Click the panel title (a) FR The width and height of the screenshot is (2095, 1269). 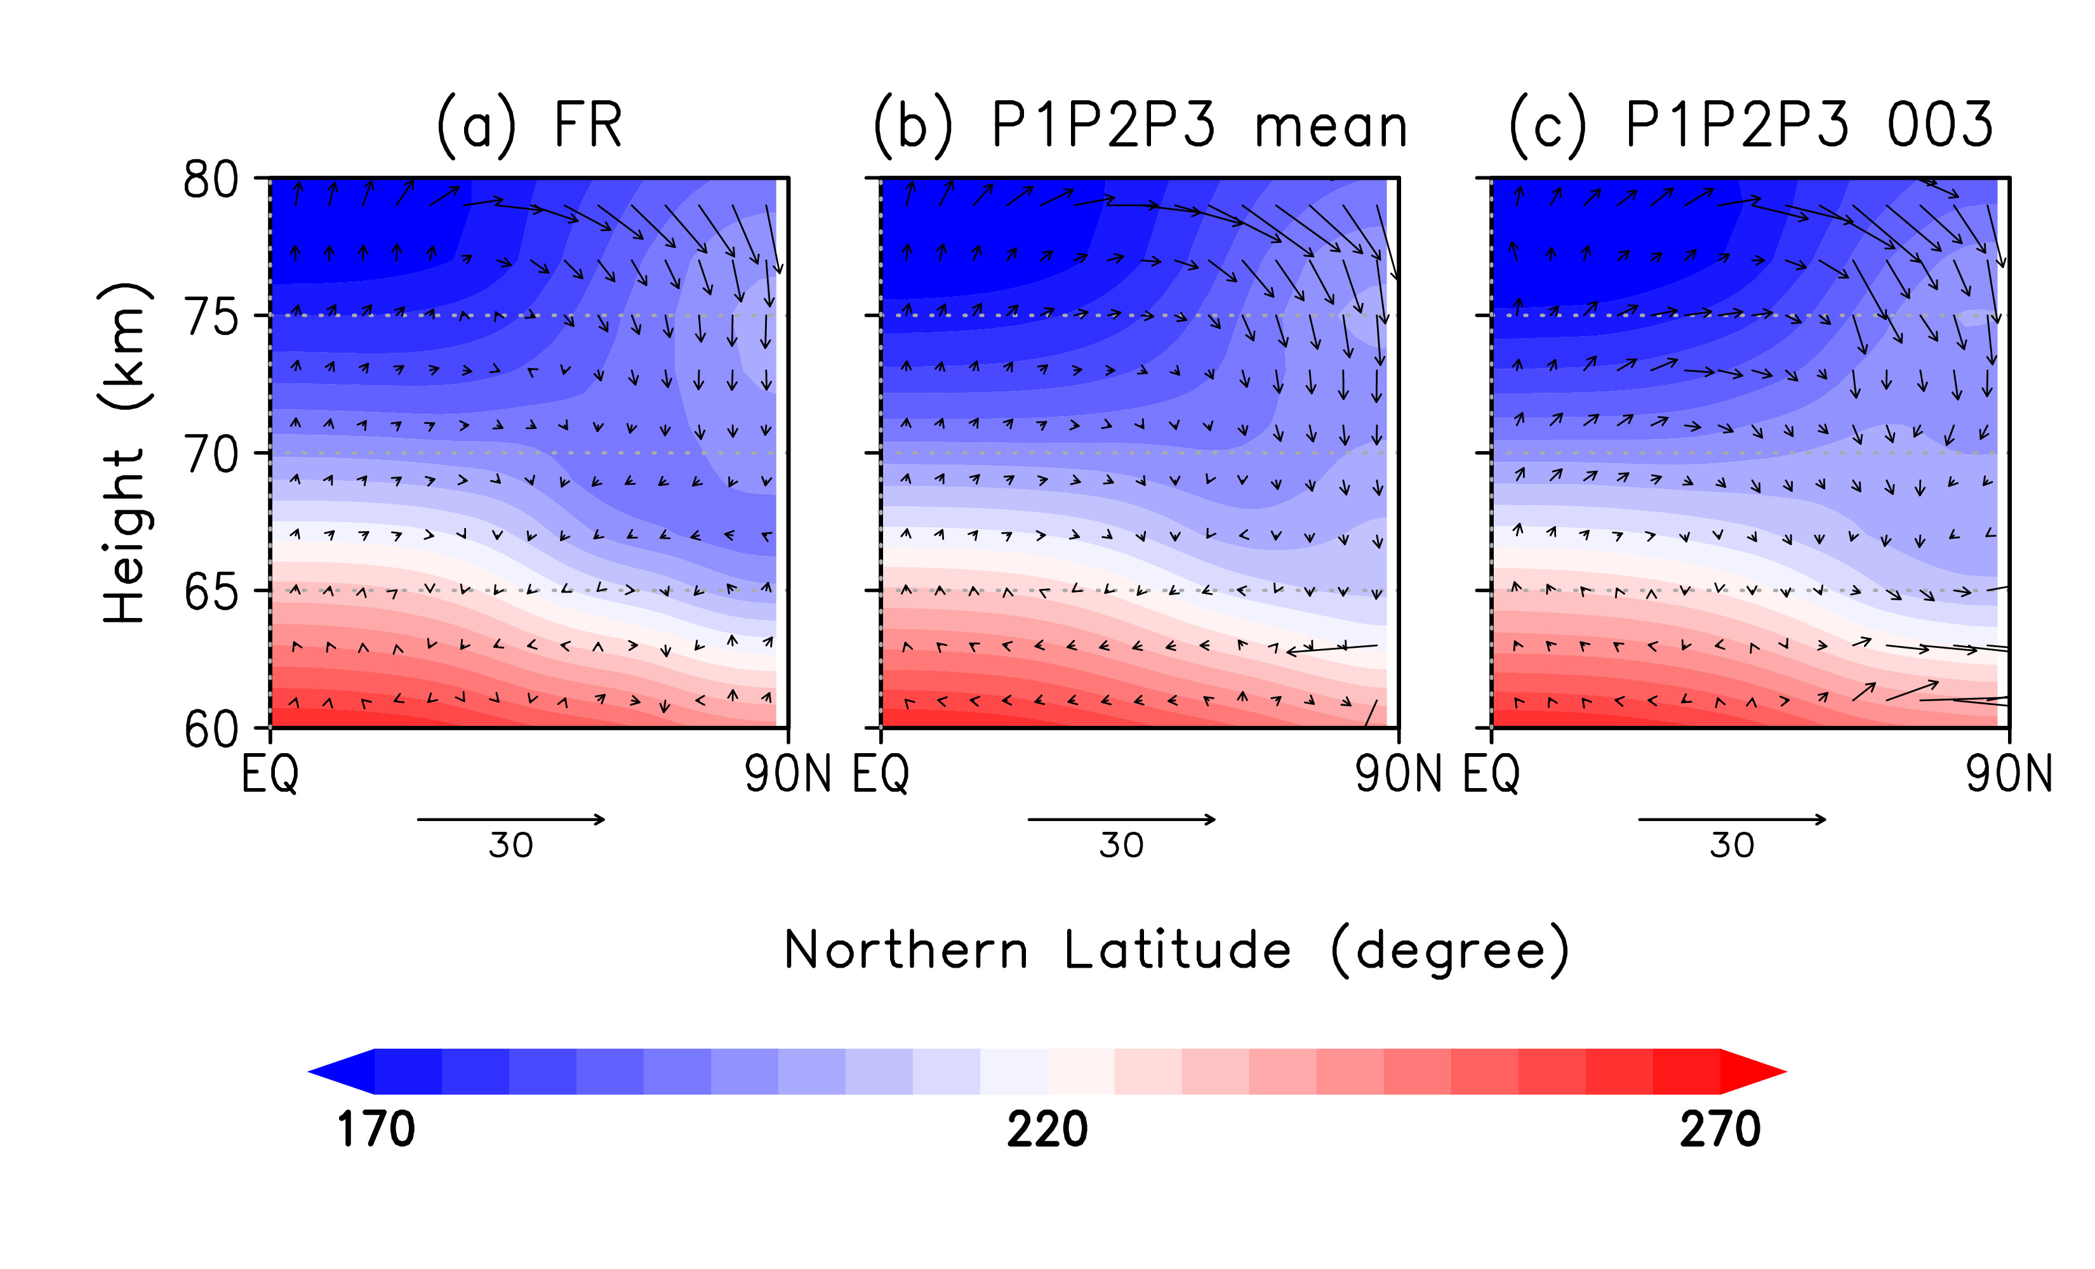coord(529,126)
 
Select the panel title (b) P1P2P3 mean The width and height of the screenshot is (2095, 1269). coord(1140,126)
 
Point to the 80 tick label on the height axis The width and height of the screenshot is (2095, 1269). coord(211,180)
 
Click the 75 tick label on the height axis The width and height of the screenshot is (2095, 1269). coord(211,319)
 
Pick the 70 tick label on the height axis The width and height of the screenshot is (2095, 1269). coord(211,456)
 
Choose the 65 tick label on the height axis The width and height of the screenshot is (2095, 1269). coord(211,593)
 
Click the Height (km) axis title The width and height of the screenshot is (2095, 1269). coord(124,453)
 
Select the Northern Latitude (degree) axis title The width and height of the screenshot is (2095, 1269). coord(1176,950)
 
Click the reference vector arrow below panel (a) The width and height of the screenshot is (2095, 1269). coord(510,819)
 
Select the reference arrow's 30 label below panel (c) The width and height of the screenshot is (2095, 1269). coord(1732,846)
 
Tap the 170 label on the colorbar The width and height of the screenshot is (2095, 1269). coord(376,1129)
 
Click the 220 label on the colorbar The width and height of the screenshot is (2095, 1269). coord(1047,1129)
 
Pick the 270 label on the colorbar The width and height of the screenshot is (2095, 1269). coord(1719,1129)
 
